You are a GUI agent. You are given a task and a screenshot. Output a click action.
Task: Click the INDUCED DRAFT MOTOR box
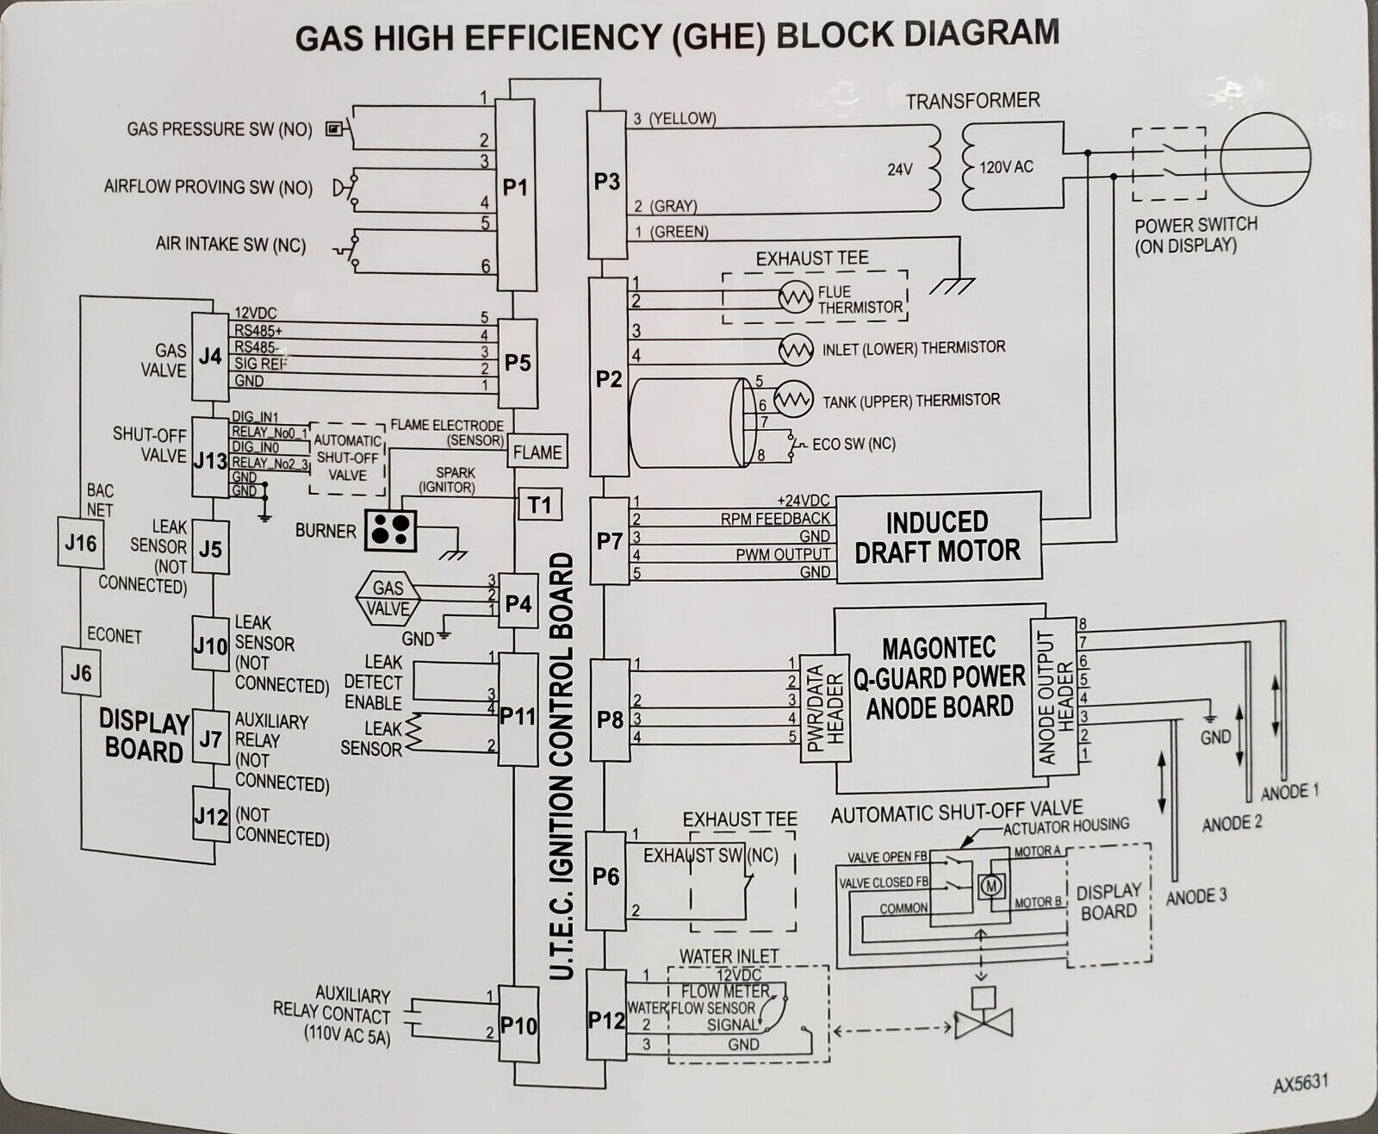pyautogui.click(x=939, y=537)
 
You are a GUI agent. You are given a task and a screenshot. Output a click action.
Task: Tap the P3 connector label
pyautogui.click(x=607, y=181)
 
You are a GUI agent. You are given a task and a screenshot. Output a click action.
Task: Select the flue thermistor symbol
pyautogui.click(x=795, y=298)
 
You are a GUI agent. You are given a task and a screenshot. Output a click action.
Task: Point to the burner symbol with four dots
pyautogui.click(x=391, y=529)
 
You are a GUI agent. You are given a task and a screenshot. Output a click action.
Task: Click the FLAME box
pyautogui.click(x=537, y=451)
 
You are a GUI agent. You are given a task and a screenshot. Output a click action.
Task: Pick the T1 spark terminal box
pyautogui.click(x=540, y=504)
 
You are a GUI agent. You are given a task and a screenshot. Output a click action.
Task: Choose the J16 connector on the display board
pyautogui.click(x=80, y=543)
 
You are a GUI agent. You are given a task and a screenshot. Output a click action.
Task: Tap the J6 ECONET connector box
pyautogui.click(x=81, y=672)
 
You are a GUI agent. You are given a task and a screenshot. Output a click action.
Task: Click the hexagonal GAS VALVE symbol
pyautogui.click(x=388, y=598)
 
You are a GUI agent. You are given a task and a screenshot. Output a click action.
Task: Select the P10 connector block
pyautogui.click(x=518, y=1025)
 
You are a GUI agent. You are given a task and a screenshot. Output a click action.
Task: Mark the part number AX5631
pyautogui.click(x=1300, y=1082)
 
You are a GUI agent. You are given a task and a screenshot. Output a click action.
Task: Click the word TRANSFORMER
pyautogui.click(x=972, y=101)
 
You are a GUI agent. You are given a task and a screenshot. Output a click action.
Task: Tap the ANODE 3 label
pyautogui.click(x=1196, y=897)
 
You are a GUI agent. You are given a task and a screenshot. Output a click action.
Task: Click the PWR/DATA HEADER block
pyautogui.click(x=826, y=708)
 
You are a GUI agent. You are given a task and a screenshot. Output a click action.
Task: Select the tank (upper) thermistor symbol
pyautogui.click(x=793, y=398)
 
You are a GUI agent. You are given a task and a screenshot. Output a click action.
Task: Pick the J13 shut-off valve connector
pyautogui.click(x=210, y=458)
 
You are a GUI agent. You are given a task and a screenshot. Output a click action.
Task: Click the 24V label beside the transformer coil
pyautogui.click(x=900, y=169)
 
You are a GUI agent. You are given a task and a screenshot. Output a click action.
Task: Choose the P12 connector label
pyautogui.click(x=606, y=1019)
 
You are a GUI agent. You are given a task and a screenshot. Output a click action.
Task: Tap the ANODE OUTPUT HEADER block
pyautogui.click(x=1055, y=697)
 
